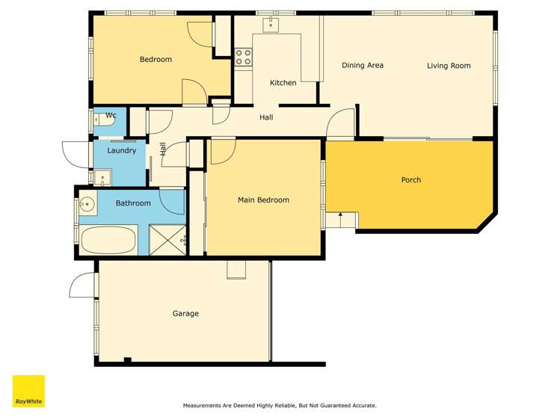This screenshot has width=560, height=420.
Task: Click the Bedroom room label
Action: click(156, 59)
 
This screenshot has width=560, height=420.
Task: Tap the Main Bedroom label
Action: click(264, 200)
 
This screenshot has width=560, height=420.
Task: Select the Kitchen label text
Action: click(283, 83)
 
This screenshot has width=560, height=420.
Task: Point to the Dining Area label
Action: click(363, 65)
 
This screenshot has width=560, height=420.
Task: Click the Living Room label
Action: click(449, 66)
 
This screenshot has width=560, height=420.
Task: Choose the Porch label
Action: click(411, 180)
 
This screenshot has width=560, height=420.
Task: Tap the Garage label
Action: click(185, 314)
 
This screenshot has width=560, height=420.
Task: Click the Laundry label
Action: click(122, 150)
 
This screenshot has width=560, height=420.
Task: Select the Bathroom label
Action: click(133, 203)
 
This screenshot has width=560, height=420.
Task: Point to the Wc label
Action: click(111, 115)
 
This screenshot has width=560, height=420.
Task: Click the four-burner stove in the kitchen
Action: click(243, 57)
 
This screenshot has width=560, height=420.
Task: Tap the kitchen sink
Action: click(271, 25)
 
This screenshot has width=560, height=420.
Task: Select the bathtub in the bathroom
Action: click(108, 239)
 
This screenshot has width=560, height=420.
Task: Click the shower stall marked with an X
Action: click(167, 239)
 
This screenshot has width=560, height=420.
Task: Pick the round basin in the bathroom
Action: click(87, 204)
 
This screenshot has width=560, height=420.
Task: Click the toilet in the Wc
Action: click(104, 120)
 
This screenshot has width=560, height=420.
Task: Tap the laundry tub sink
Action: click(102, 177)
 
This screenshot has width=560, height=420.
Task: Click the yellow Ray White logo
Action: click(28, 391)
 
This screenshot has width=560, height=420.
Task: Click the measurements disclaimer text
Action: click(280, 405)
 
